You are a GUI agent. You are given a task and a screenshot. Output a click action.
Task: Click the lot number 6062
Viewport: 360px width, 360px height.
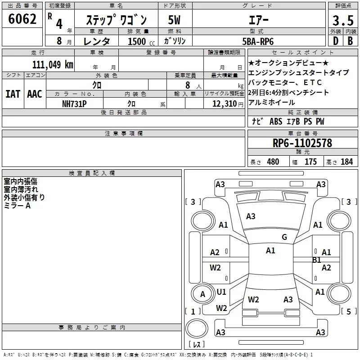(22, 19)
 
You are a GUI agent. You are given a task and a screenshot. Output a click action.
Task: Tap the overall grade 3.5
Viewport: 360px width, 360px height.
(343, 20)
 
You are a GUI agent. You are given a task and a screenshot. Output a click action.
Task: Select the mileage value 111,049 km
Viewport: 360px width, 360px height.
(53, 65)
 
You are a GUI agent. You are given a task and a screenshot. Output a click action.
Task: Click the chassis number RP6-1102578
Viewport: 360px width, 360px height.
(302, 143)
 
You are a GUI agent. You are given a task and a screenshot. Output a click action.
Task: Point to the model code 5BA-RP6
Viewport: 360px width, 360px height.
(258, 41)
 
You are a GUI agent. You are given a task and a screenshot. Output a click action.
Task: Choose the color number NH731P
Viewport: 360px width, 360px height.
(74, 104)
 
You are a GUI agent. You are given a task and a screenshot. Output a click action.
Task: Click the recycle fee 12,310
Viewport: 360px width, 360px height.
(225, 103)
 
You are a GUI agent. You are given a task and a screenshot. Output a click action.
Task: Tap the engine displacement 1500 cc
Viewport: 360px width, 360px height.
(141, 41)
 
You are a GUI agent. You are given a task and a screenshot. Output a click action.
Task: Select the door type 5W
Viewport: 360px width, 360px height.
(174, 20)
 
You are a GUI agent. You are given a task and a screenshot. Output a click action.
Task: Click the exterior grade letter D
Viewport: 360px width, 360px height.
(336, 41)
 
